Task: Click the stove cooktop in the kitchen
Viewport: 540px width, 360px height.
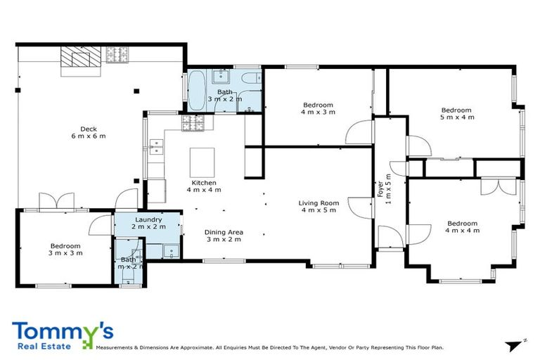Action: point(192,124)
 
